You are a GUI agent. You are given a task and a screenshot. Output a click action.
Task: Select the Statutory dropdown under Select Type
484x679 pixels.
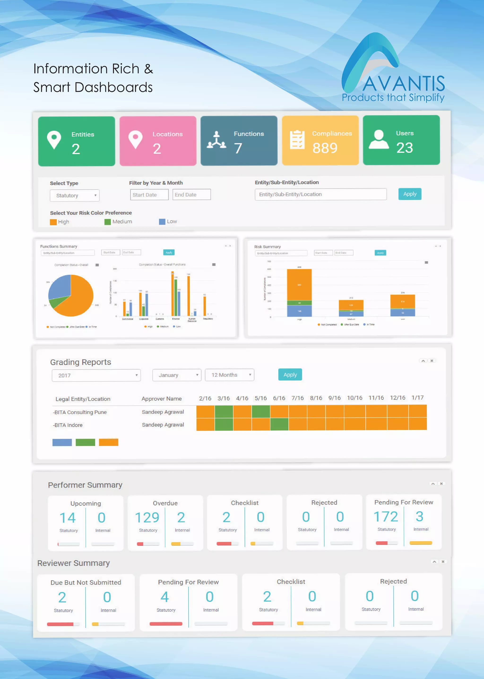pos(74,195)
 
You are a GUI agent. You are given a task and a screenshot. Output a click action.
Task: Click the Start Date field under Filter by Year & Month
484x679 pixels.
pos(149,195)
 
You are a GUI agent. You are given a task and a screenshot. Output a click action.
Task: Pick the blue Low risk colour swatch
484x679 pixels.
pos(162,222)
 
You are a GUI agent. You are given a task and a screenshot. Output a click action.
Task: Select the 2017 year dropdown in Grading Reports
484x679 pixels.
pos(96,376)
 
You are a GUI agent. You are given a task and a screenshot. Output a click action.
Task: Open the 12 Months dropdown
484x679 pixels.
pos(229,375)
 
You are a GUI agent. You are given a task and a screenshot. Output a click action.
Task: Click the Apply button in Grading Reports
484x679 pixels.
pos(290,375)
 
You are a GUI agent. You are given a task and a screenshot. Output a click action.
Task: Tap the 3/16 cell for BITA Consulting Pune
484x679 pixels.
pos(224,412)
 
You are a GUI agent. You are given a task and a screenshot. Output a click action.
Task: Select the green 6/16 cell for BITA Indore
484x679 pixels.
pos(279,424)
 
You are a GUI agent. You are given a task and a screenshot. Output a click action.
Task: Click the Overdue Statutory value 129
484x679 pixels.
pos(147,517)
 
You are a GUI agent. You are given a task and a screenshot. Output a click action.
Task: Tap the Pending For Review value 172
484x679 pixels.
pos(386,517)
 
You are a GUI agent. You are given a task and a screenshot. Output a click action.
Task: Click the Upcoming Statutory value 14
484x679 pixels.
pos(68,518)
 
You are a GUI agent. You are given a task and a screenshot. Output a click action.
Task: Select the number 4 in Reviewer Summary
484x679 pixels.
pos(164,597)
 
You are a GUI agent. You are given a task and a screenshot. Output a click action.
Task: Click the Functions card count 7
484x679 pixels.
pos(238,148)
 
